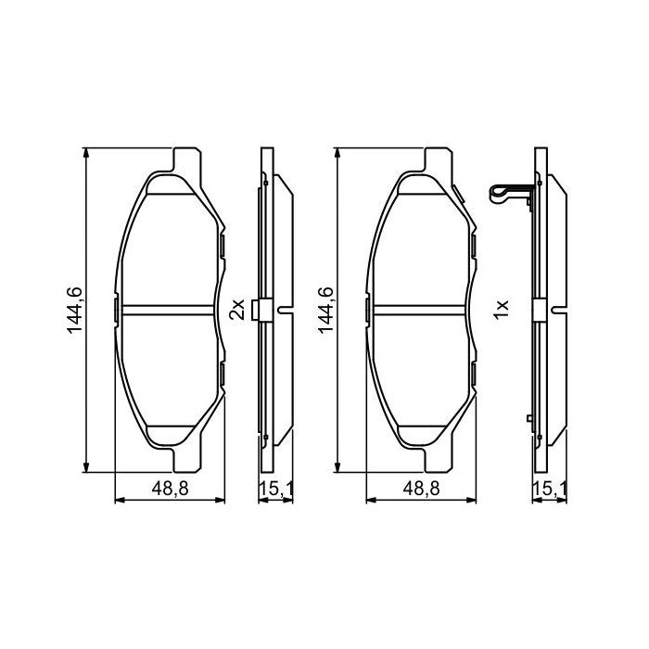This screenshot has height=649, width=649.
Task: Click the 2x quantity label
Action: [236, 308]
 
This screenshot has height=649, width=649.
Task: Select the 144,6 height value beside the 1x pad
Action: [326, 310]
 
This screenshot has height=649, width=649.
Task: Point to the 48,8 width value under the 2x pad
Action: [168, 490]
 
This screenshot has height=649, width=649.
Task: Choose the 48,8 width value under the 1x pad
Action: [422, 490]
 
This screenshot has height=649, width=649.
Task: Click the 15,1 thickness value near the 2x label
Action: [275, 490]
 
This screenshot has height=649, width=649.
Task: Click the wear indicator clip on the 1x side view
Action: [507, 194]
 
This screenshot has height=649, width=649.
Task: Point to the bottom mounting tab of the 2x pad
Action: [185, 461]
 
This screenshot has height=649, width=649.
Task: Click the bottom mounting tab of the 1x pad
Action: [439, 461]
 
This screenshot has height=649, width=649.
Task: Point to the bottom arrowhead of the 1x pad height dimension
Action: [337, 467]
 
